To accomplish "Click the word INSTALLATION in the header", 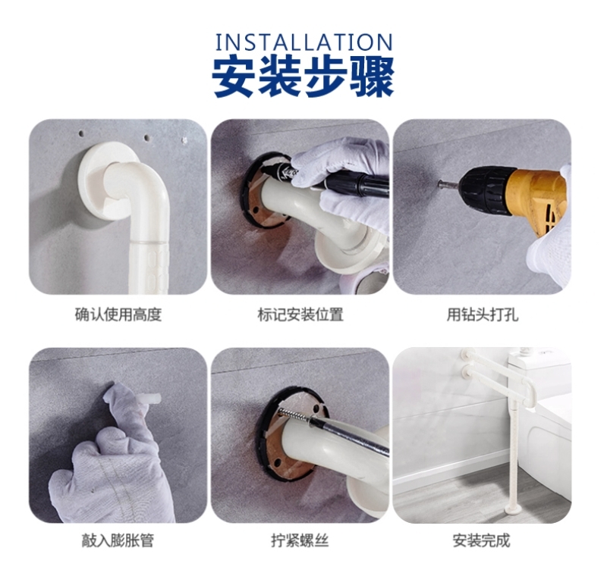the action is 304,42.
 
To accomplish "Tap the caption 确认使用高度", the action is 118,314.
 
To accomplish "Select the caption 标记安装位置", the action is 300,314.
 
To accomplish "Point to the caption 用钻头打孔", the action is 483,314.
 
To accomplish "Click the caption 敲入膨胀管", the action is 118,540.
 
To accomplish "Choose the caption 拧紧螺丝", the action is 300,540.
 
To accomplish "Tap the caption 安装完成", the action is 482,540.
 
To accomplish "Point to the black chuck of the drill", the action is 485,190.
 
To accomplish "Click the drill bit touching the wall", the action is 449,184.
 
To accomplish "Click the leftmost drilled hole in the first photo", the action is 81,134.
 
